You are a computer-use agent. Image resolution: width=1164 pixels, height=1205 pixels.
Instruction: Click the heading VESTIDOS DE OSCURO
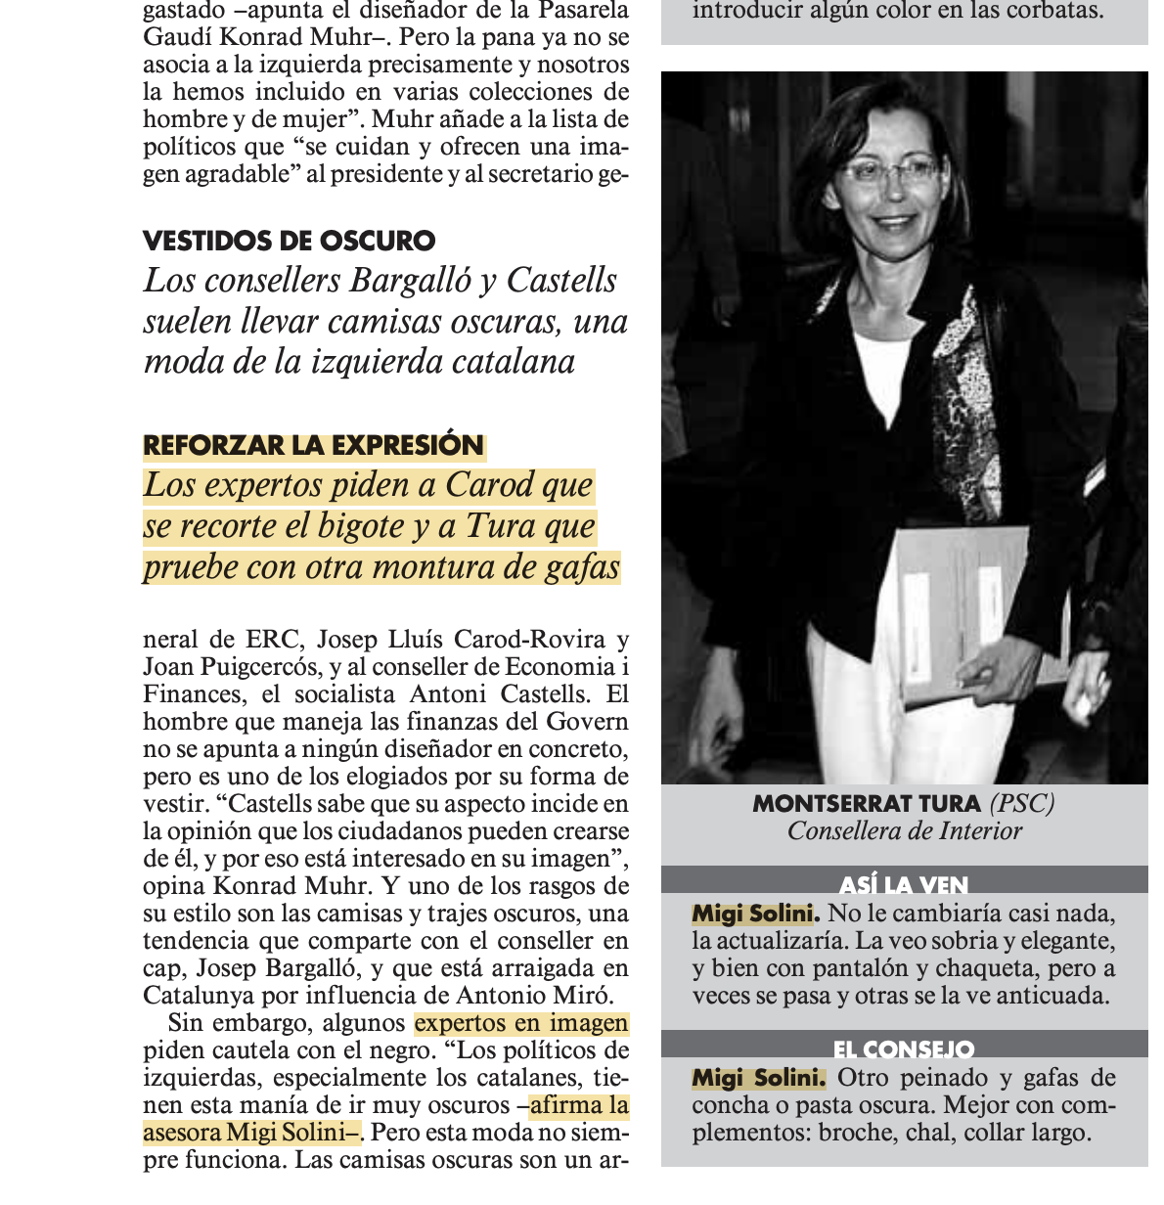(289, 241)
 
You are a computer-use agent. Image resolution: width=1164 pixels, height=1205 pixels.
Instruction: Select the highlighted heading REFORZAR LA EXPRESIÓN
(313, 446)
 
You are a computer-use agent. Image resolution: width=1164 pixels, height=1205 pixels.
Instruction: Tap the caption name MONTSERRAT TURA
(866, 804)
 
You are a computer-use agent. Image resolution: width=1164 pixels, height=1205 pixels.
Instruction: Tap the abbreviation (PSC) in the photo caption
(1021, 804)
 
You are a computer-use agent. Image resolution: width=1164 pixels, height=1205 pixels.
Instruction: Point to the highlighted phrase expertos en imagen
(521, 1023)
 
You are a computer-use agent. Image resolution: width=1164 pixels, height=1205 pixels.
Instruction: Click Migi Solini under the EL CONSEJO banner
(758, 1079)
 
